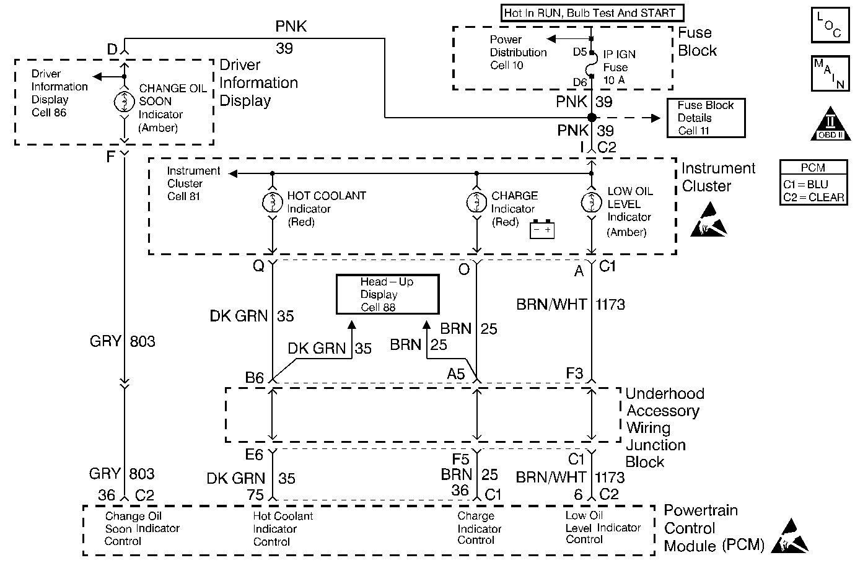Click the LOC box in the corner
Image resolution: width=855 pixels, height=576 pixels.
pyautogui.click(x=828, y=25)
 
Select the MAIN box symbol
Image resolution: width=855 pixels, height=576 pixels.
pyautogui.click(x=828, y=74)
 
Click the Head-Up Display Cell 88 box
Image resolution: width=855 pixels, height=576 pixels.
pyautogui.click(x=387, y=294)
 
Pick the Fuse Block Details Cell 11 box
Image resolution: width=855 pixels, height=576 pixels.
pyautogui.click(x=706, y=118)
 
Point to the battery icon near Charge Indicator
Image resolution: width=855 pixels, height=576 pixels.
pyautogui.click(x=541, y=230)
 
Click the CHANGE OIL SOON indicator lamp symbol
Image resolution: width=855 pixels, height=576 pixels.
pyautogui.click(x=125, y=101)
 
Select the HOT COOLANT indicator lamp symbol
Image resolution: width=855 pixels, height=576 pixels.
pyautogui.click(x=272, y=203)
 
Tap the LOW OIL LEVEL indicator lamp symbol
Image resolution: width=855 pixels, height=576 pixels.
pyautogui.click(x=592, y=203)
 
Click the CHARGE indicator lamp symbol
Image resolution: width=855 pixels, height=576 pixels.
pyautogui.click(x=476, y=203)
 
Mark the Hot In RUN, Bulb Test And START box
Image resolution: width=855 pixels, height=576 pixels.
pyautogui.click(x=589, y=13)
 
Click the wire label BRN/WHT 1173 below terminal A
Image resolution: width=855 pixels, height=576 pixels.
pyautogui.click(x=571, y=305)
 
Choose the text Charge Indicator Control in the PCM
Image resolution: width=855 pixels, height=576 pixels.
pyautogui.click(x=479, y=528)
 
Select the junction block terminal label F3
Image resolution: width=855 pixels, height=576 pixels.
pyautogui.click(x=574, y=373)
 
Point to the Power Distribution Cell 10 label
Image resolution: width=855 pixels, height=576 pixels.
pyautogui.click(x=518, y=53)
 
